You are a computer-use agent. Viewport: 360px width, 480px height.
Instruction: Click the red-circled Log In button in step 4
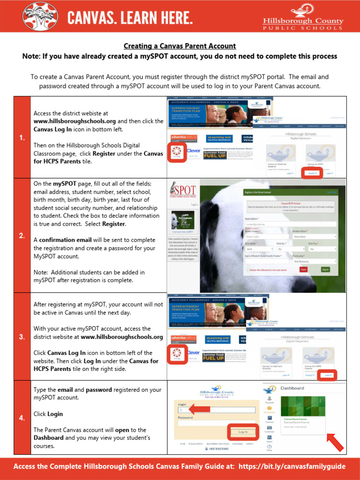[243, 431]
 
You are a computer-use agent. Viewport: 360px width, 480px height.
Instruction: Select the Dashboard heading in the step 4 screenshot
[292, 388]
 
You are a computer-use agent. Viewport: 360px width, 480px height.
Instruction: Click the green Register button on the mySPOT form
[325, 270]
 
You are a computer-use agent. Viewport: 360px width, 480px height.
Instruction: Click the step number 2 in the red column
[22, 236]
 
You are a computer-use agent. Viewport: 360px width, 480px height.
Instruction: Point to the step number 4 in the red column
[22, 418]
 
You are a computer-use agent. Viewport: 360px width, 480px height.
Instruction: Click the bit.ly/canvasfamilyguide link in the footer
[292, 466]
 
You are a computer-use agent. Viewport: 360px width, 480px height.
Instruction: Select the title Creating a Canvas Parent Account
[180, 46]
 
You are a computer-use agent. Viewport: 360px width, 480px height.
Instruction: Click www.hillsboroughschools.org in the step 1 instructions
[75, 121]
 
